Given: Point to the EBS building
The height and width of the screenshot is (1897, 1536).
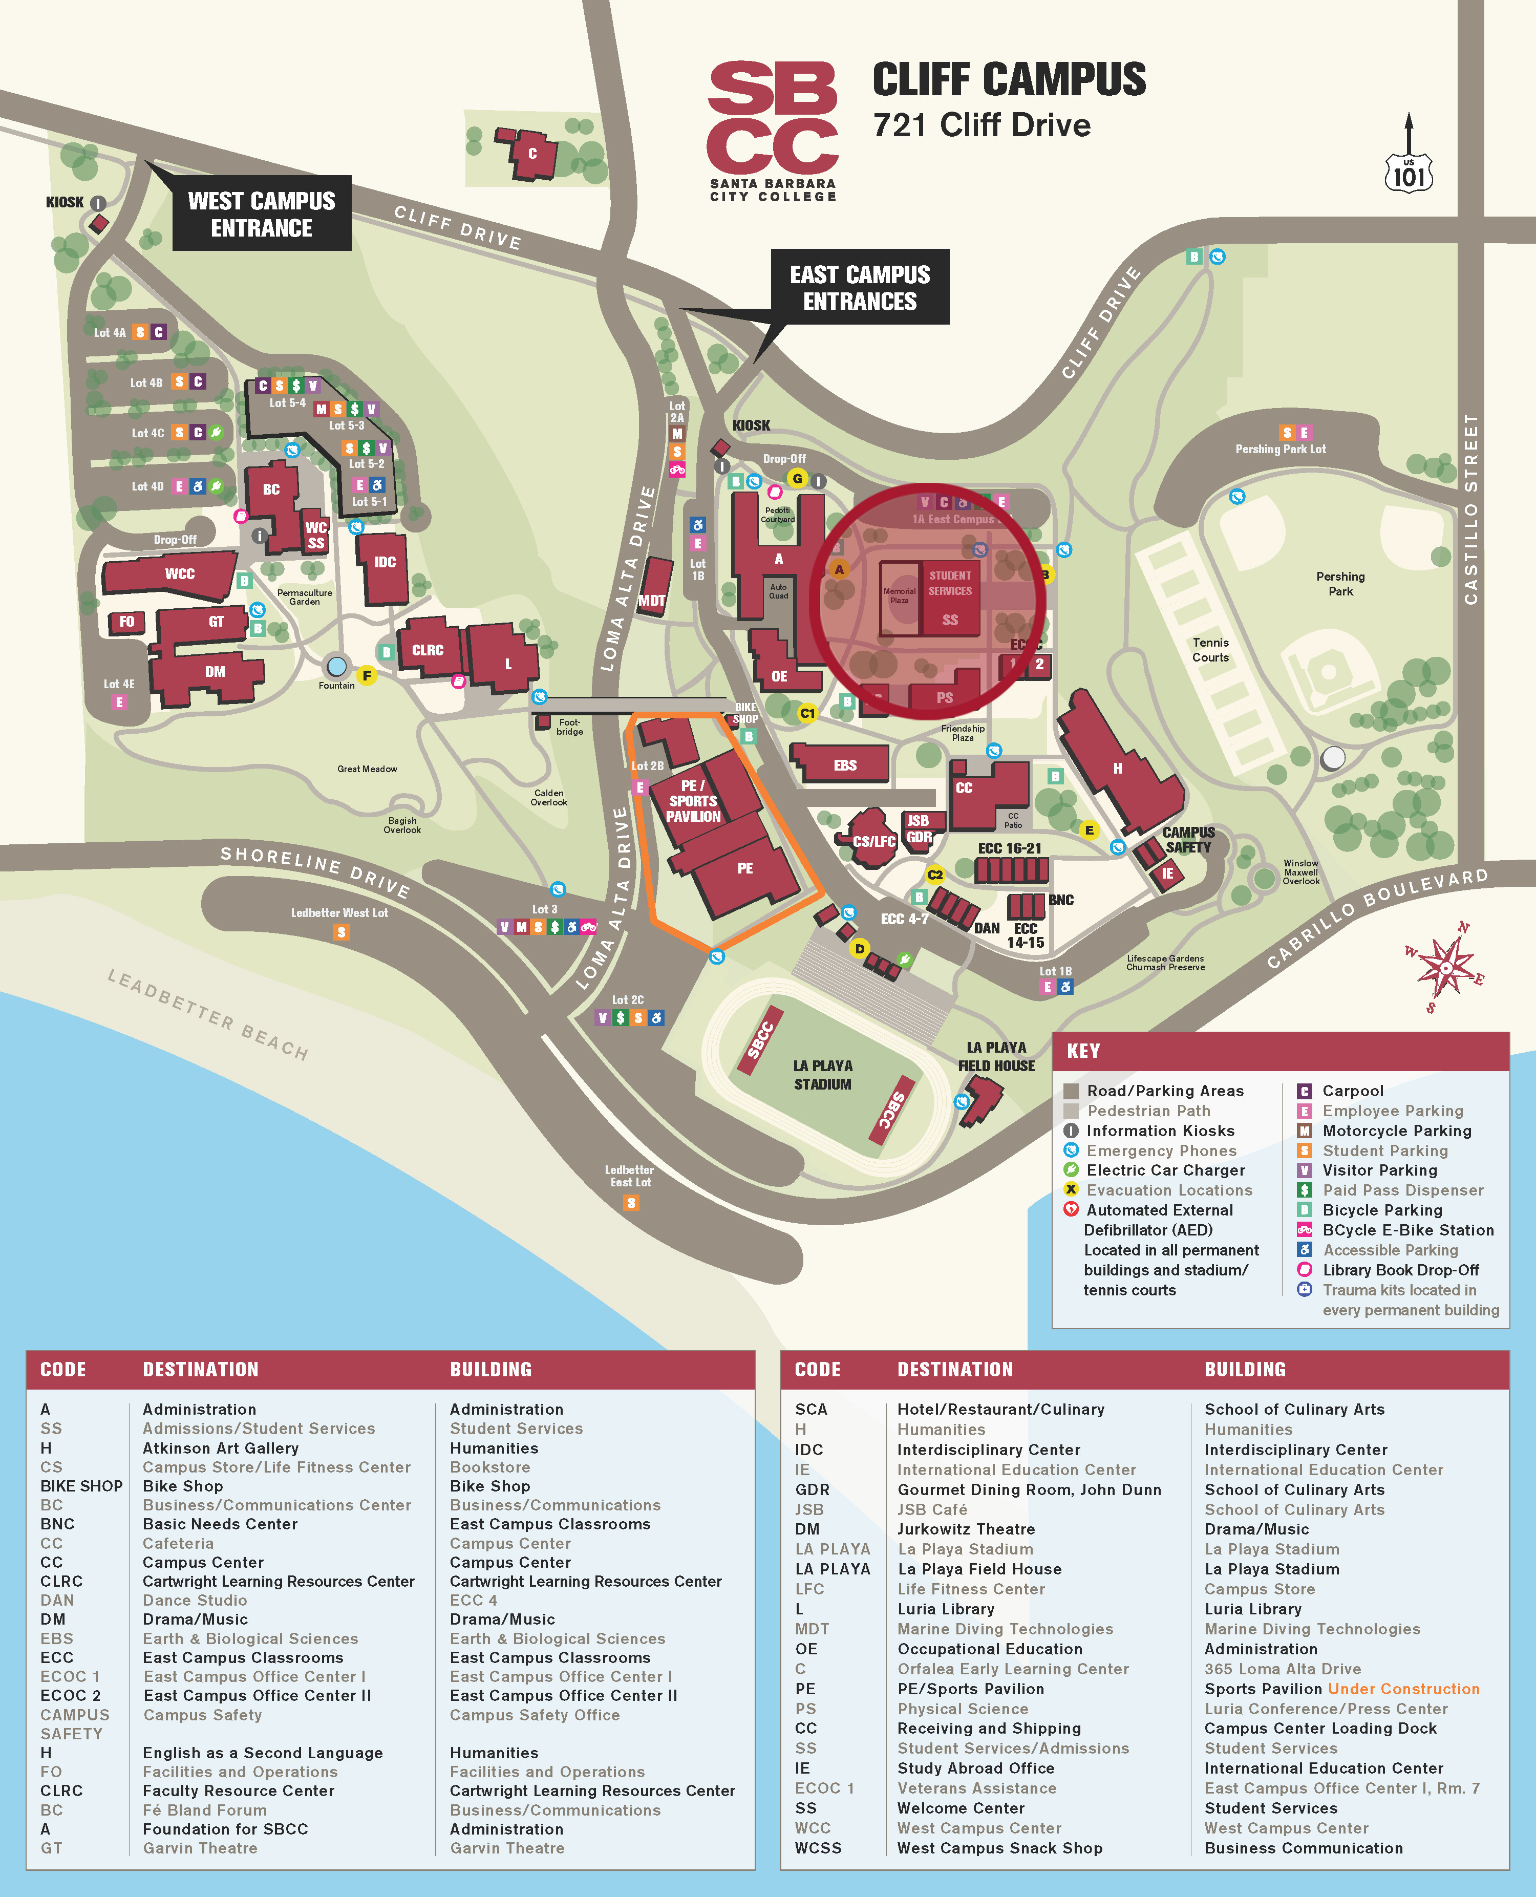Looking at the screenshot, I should click(x=844, y=764).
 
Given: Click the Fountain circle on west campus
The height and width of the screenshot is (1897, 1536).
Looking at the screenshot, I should click(x=336, y=666).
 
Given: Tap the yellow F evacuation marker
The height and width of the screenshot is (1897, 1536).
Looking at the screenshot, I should click(x=366, y=675).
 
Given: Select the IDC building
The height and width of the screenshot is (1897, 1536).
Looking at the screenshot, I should click(x=384, y=563).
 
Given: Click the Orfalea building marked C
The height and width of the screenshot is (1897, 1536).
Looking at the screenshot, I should click(x=532, y=153).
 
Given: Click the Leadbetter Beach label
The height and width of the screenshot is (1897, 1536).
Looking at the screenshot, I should click(x=208, y=1014).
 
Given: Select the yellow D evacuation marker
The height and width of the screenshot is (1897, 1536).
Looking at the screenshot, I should click(x=858, y=948).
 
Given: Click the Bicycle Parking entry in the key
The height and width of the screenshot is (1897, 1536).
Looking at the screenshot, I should click(x=1381, y=1209).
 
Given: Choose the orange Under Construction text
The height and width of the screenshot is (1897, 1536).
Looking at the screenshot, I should click(x=1403, y=1688).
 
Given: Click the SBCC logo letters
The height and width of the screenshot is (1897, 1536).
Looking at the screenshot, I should click(x=773, y=118).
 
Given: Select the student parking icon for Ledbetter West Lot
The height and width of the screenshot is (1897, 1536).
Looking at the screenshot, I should click(x=340, y=932).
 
